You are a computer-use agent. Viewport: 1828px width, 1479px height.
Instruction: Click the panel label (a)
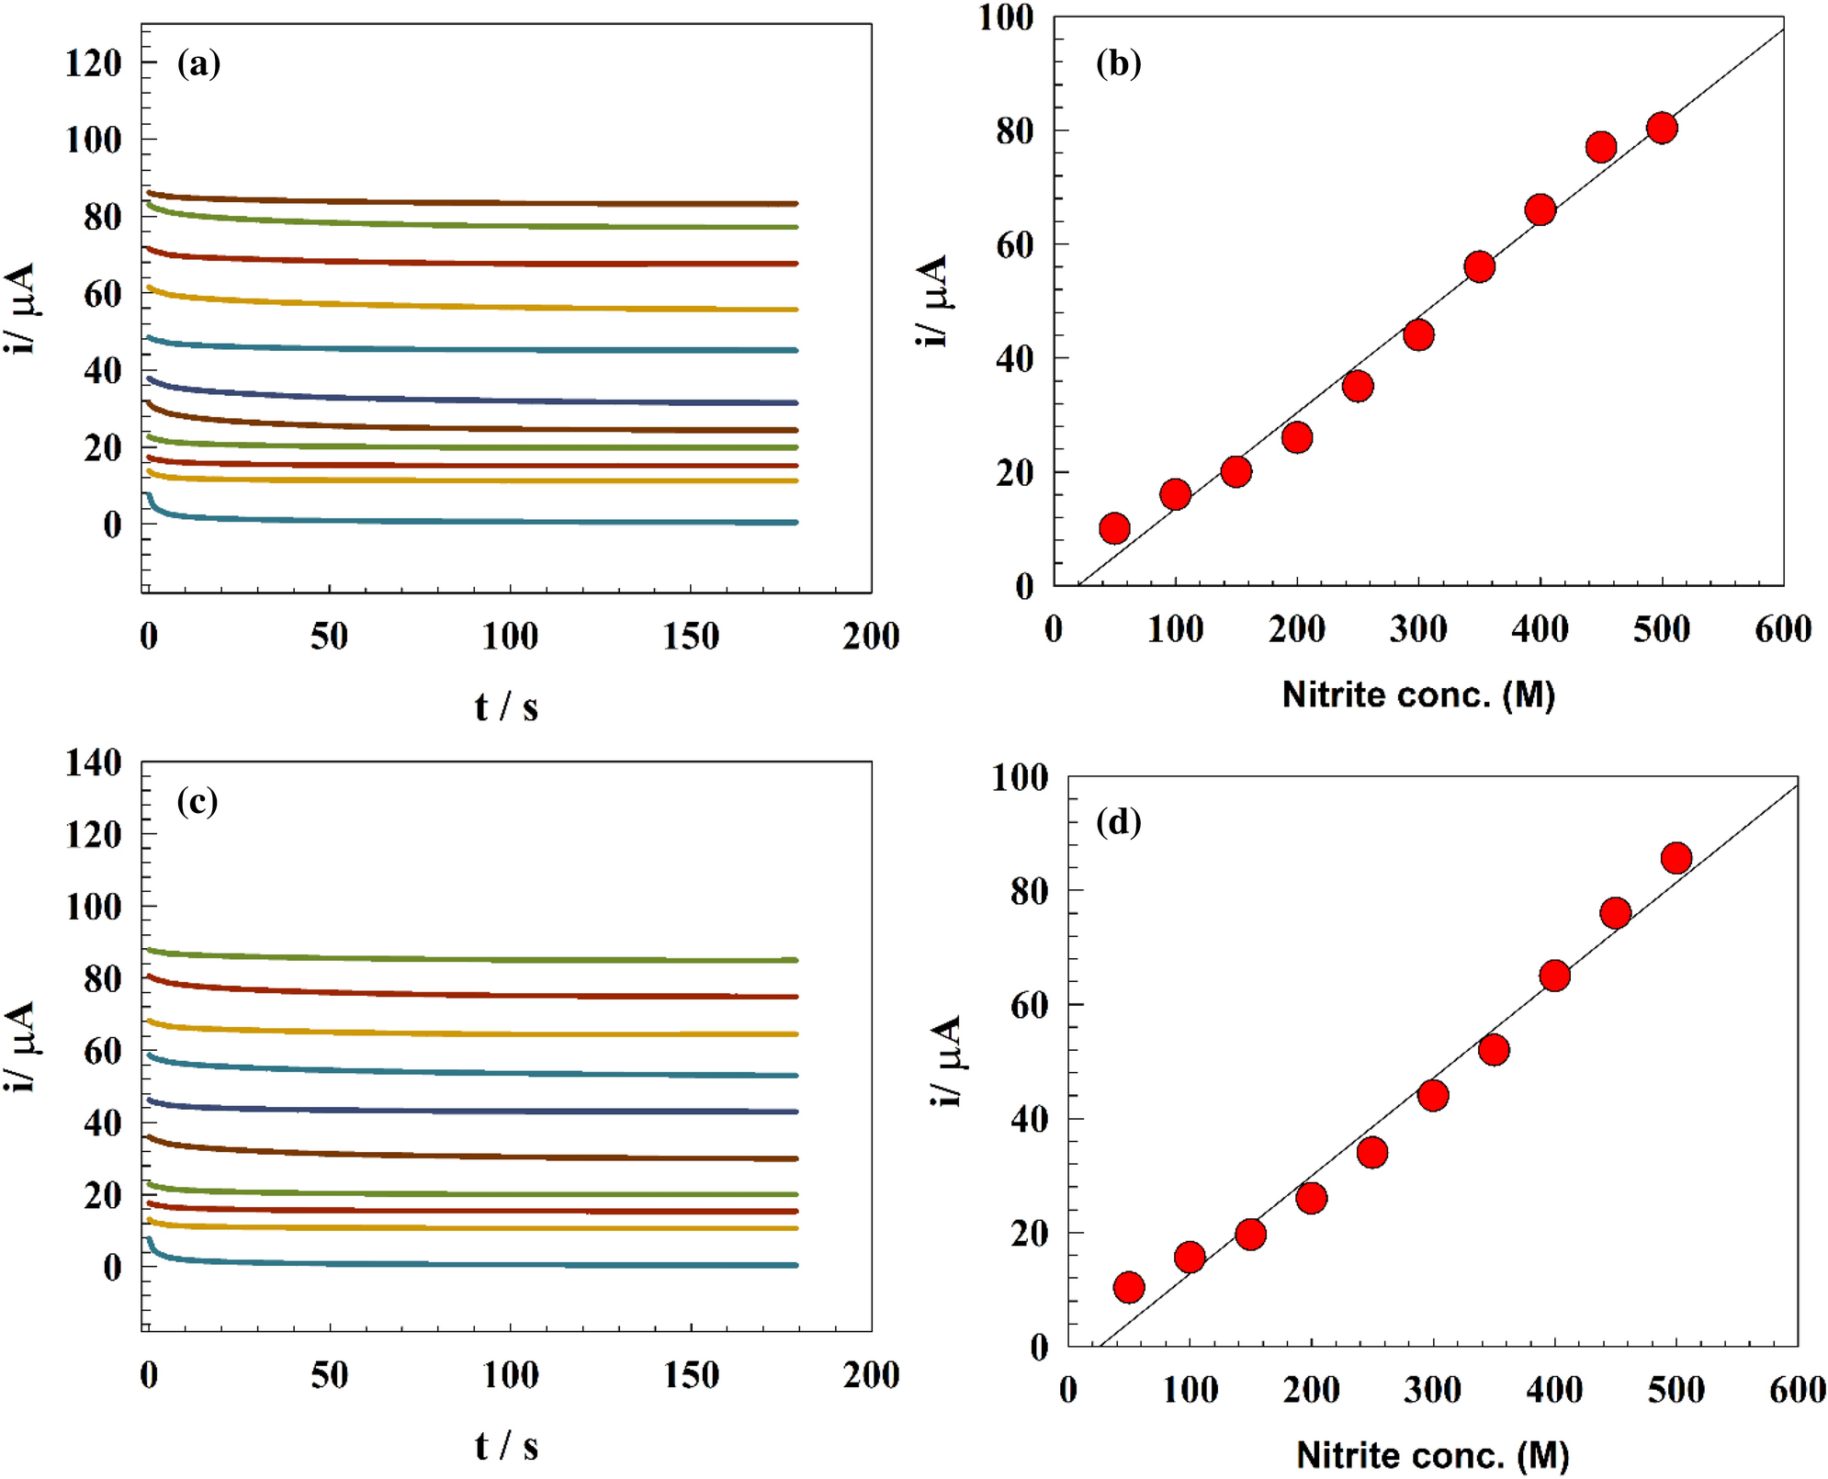(198, 63)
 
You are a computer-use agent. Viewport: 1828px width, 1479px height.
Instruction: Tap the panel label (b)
(1118, 63)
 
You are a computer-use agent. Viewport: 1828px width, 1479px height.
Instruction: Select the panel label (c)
(197, 801)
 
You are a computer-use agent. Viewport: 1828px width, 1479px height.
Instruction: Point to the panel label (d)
(1118, 821)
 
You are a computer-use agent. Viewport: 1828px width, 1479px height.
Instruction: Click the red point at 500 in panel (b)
(1662, 128)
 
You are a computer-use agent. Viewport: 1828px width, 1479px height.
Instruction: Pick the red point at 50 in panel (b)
(1114, 528)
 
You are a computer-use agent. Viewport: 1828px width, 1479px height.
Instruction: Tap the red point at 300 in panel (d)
(1433, 1095)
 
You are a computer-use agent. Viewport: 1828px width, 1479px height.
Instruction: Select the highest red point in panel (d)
(1676, 858)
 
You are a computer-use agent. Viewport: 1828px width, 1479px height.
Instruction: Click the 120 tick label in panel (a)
(93, 63)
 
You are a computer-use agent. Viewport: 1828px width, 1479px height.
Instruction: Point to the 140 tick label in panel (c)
(93, 762)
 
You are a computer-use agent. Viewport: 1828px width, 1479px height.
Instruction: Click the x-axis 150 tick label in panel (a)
(691, 636)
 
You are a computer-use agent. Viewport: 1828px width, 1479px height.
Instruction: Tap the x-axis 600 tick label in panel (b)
(1783, 629)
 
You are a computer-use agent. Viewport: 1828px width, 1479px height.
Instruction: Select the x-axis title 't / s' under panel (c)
(506, 1446)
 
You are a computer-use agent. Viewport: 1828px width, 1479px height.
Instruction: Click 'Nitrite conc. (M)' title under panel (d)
(1432, 1454)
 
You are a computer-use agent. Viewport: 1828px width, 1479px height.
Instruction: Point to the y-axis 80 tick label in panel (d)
(1029, 891)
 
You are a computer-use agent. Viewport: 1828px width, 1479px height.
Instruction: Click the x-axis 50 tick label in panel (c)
(329, 1375)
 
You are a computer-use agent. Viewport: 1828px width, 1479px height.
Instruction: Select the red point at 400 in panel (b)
(1540, 210)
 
